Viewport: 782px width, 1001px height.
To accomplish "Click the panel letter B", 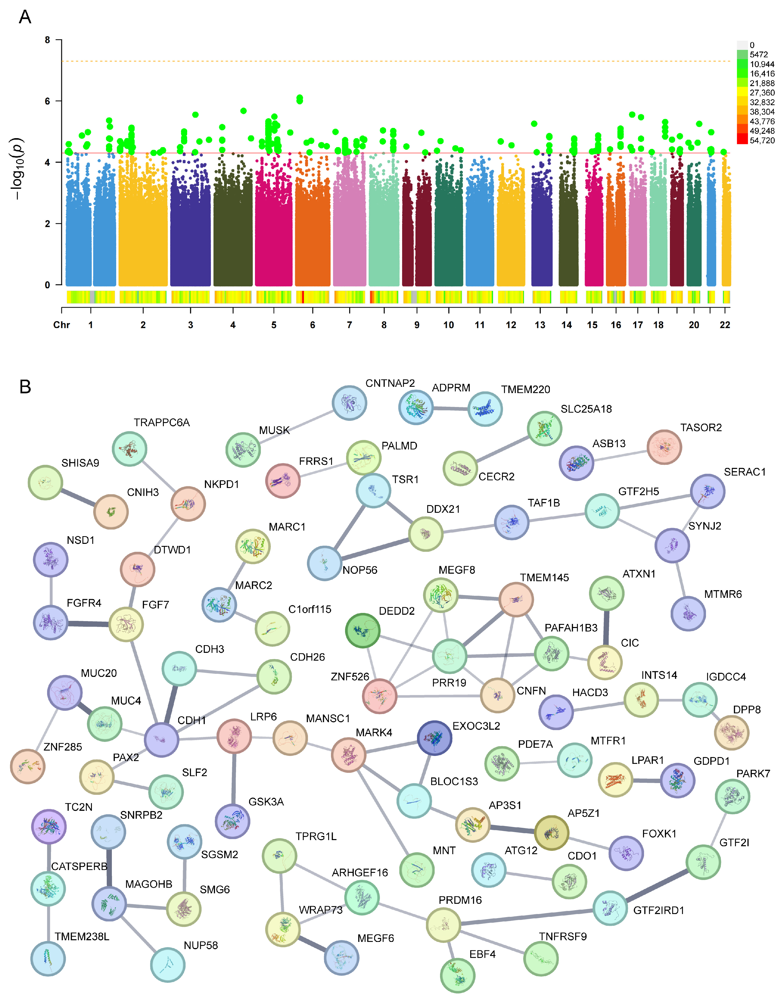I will [25, 386].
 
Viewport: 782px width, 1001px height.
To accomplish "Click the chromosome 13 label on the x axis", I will [540, 325].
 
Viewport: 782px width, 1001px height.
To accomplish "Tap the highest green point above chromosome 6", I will [299, 98].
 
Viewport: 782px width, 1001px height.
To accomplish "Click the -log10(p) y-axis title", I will [17, 168].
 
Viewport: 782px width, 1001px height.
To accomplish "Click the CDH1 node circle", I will [162, 740].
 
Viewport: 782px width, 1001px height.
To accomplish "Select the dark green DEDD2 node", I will [363, 631].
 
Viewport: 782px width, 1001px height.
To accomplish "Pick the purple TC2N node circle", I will [49, 826].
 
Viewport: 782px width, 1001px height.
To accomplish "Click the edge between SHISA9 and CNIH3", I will [78, 497].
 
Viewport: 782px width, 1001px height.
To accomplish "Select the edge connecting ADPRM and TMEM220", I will [451, 408].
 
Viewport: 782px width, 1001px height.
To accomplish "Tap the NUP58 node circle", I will [168, 964].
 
